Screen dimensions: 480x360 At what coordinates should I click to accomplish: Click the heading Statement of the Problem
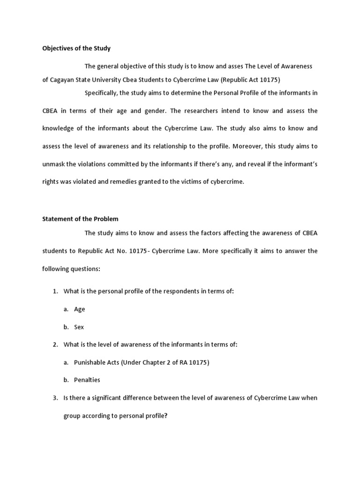click(x=80, y=219)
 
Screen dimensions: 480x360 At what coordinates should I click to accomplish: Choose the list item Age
click(x=80, y=309)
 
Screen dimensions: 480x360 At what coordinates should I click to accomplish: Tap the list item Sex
click(x=79, y=327)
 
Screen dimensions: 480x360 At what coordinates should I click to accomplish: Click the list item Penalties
click(x=87, y=380)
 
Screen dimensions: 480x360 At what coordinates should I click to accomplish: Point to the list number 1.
click(x=55, y=291)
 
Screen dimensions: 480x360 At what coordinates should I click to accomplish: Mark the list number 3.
click(x=55, y=398)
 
